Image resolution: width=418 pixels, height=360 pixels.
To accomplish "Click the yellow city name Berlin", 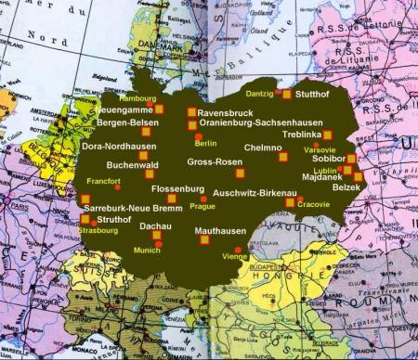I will pos(205,143).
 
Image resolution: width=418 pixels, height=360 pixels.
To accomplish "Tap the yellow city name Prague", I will pos(202,206).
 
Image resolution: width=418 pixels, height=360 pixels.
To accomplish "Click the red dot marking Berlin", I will pos(198,137).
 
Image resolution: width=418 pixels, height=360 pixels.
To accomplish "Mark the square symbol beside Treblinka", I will pos(327,135).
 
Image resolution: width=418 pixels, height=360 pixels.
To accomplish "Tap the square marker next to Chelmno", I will pos(283,157).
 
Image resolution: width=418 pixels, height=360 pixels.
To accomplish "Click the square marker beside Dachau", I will pos(156,236).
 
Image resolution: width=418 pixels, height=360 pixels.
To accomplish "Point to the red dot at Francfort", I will pos(118,188).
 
